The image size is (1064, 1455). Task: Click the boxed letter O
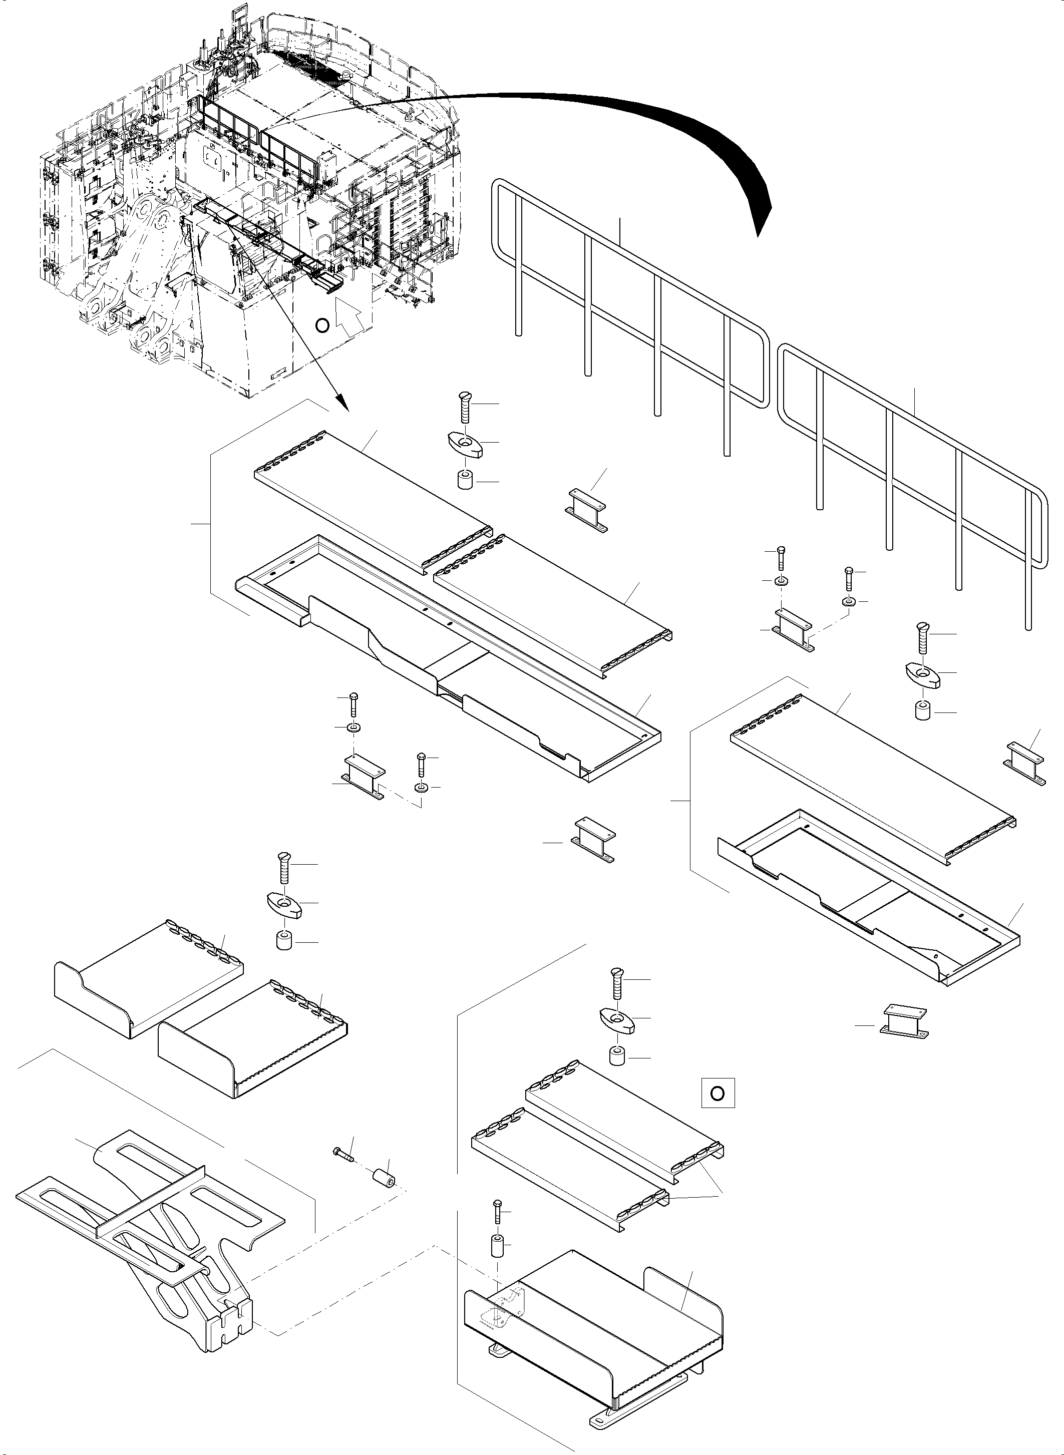pos(717,1093)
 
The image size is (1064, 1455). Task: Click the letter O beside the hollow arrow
pos(322,325)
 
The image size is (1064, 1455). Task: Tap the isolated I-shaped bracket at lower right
pos(904,1023)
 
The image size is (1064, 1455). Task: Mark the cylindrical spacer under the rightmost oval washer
pos(922,711)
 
